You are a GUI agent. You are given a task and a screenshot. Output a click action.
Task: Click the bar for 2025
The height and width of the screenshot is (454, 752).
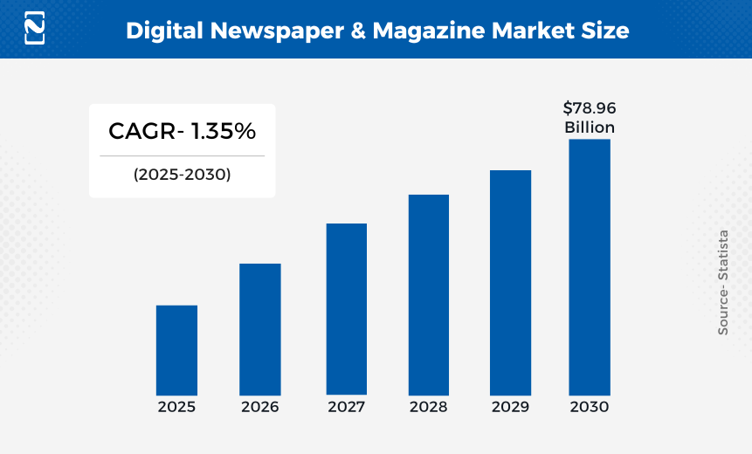pos(176,350)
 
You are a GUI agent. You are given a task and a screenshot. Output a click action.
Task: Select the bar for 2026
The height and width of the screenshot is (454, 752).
pos(260,329)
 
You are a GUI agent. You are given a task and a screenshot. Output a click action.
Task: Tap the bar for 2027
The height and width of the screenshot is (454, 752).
pos(347,309)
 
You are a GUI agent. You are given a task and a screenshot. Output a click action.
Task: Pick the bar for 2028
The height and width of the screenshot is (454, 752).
pos(429,294)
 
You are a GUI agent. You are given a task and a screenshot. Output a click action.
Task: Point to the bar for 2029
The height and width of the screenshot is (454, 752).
pos(510,282)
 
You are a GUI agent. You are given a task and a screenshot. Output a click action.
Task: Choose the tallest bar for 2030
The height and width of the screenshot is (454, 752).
pos(590,267)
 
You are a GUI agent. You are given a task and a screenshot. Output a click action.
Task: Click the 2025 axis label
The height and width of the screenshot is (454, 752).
pos(176,407)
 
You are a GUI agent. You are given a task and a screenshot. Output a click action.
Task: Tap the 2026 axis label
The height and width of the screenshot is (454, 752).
pos(260,407)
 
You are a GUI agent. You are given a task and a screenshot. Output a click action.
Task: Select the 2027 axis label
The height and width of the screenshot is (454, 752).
pos(347,407)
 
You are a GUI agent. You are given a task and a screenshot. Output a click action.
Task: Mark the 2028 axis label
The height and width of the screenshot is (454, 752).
pos(429,407)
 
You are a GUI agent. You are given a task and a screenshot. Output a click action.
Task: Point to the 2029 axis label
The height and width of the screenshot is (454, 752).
pos(510,407)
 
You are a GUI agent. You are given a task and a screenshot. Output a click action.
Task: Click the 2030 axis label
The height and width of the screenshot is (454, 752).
pos(590,407)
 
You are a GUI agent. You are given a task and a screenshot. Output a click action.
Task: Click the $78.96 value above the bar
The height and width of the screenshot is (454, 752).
pos(590,109)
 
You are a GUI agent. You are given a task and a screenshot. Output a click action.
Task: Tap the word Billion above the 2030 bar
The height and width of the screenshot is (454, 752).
pos(590,127)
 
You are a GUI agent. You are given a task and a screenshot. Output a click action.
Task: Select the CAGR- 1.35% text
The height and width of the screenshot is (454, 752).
pos(182,132)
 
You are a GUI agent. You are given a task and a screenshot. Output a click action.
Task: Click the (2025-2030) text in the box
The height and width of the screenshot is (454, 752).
pos(182,174)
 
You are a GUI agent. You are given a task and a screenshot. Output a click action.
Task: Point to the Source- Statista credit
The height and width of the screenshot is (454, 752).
pos(723,282)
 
